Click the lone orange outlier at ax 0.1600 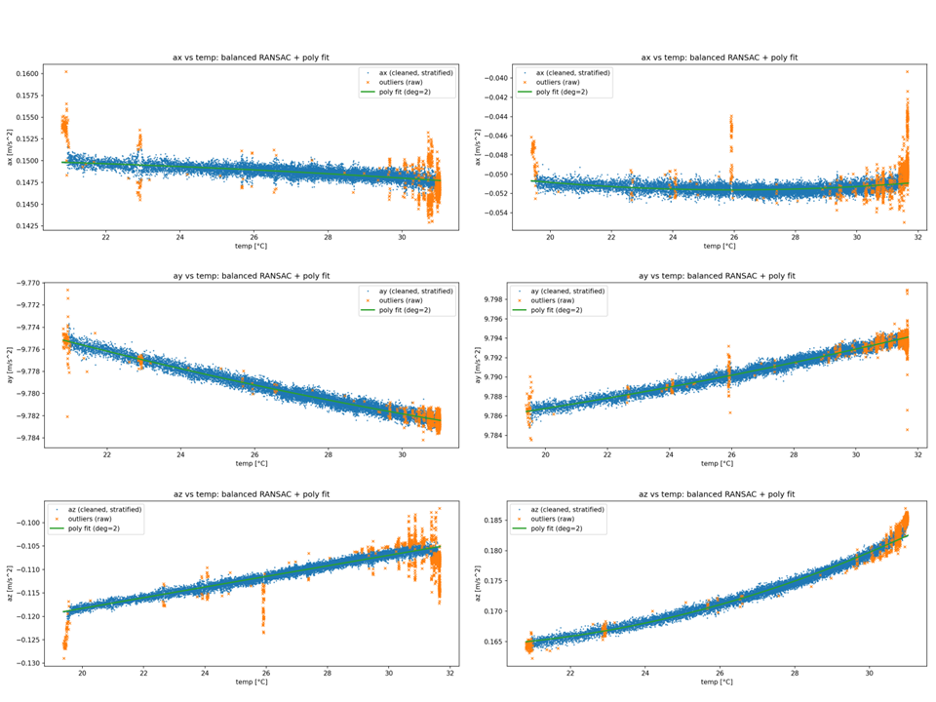[x=66, y=71]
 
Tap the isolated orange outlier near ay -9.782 [x=67, y=416]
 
